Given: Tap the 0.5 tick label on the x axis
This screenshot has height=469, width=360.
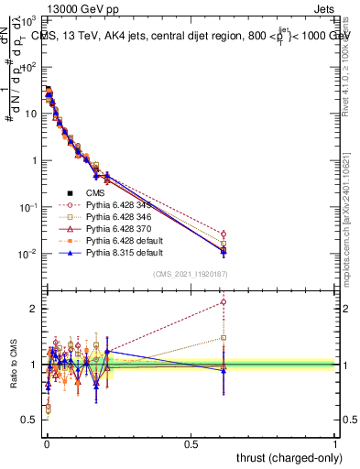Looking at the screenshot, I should [x=191, y=442].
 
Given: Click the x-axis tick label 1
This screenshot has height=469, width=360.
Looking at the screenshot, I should [x=335, y=442].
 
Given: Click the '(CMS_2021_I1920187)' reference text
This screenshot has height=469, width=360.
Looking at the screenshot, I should [x=189, y=274].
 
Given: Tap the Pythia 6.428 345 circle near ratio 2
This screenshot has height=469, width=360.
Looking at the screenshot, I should [x=224, y=301].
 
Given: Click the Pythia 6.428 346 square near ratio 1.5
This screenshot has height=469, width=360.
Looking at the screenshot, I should [x=224, y=337].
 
